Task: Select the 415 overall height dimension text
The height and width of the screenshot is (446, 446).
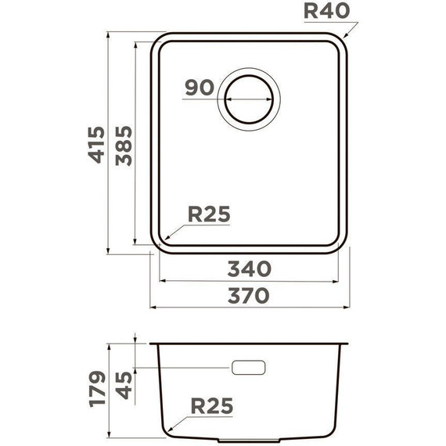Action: coord(96,143)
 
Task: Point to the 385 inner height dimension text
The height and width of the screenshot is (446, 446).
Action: coord(122,145)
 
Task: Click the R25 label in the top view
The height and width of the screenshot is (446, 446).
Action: coord(209,214)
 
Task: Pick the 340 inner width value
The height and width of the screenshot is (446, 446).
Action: coord(249,269)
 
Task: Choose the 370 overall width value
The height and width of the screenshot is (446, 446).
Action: coord(249,296)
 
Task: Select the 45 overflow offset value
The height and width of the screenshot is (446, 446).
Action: coord(124,386)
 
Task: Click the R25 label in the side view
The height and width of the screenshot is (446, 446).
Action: coord(211,407)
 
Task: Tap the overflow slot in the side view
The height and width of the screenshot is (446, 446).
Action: coord(250,368)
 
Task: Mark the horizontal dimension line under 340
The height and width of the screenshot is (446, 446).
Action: coord(249,281)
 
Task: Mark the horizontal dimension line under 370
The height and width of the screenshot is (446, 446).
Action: coord(249,307)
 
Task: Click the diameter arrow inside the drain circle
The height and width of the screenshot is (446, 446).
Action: coord(251,101)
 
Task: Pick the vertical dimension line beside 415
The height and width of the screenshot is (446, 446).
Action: coord(109,143)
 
